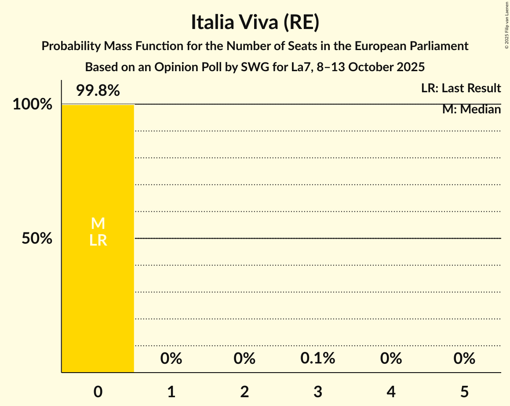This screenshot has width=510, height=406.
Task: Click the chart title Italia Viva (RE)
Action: tap(255, 23)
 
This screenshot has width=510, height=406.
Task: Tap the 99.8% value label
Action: tap(98, 91)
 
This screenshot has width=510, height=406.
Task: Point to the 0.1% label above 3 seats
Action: tap(318, 359)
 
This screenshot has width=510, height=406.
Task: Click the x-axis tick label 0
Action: tap(98, 392)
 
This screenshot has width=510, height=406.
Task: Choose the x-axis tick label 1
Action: tap(171, 392)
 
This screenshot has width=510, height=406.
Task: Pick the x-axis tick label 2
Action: tap(244, 392)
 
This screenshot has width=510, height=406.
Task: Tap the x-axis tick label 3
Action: tap(318, 392)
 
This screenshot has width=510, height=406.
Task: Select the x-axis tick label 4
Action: tap(391, 392)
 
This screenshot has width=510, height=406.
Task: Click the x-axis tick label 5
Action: tap(464, 392)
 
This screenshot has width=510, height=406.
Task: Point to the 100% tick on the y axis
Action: tap(32, 105)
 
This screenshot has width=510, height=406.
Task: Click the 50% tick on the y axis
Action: tap(37, 239)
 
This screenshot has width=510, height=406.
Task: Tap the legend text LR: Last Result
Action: tap(461, 88)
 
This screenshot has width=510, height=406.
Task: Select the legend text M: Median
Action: tap(471, 109)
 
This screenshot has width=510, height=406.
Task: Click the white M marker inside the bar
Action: tap(98, 224)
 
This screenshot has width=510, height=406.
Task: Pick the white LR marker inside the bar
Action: tap(98, 240)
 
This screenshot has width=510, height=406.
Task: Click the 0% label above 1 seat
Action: tap(171, 359)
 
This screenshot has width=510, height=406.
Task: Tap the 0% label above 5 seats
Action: tap(464, 359)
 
